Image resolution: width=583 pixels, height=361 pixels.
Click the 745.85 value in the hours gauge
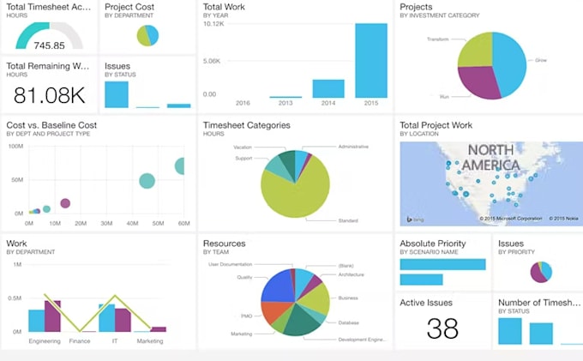[x=50, y=45]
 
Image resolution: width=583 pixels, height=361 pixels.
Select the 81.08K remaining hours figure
[x=48, y=94]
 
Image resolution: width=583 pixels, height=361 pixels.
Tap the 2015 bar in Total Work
[x=370, y=60]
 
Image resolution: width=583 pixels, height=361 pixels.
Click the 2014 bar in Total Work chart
[x=328, y=88]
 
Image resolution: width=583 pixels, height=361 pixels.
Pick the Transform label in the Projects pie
[x=437, y=39]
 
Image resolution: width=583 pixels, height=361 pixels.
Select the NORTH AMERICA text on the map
[x=490, y=158]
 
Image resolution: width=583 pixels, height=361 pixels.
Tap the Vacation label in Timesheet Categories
[x=243, y=147]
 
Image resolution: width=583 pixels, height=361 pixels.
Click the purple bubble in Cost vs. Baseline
[x=65, y=203]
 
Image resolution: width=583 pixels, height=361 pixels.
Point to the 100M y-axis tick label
[x=15, y=146]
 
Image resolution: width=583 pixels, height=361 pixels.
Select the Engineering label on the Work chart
[x=44, y=341]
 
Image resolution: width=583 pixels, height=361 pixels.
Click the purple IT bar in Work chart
[x=123, y=320]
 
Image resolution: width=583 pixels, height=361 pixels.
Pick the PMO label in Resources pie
[x=246, y=316]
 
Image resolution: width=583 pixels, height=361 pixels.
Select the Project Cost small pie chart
[x=147, y=35]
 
